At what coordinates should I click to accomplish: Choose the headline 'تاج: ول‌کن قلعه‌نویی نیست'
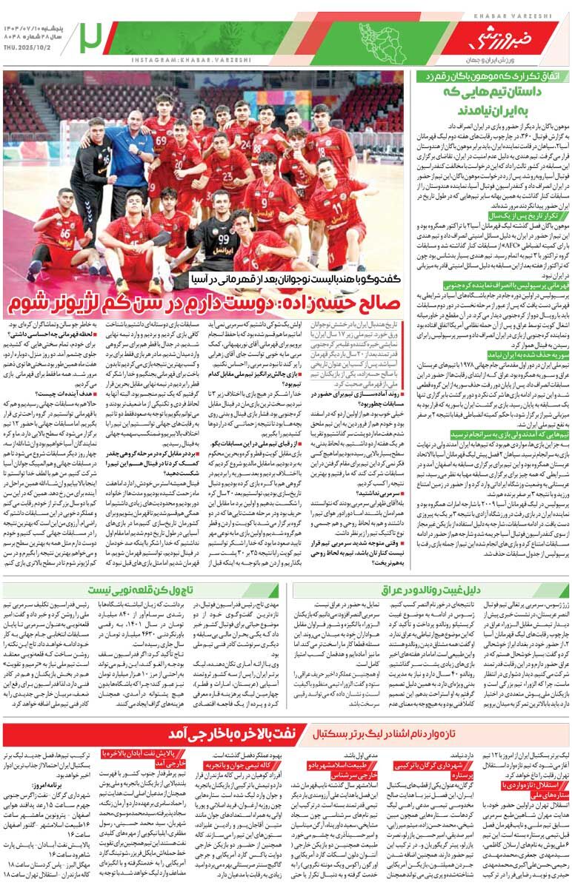click(141, 590)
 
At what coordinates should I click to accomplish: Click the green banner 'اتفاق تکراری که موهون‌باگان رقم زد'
click(492, 75)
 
